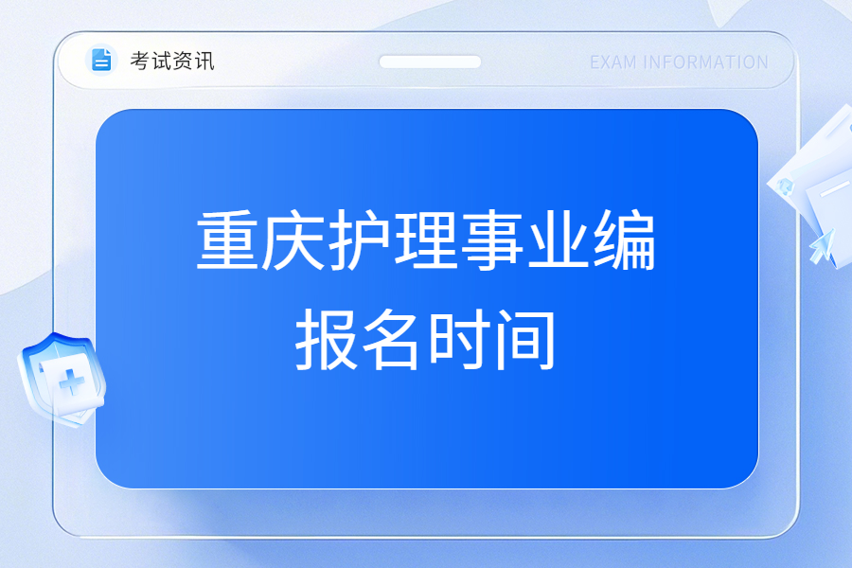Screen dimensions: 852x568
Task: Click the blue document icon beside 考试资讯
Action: (101, 60)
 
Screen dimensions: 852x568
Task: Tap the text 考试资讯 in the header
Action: (172, 61)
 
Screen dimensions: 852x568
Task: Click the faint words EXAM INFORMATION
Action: (679, 62)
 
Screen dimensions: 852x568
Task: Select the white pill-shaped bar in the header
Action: (430, 62)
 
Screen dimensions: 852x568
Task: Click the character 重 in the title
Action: (227, 240)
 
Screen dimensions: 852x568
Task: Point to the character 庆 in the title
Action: (293, 240)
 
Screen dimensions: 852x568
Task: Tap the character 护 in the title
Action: (360, 240)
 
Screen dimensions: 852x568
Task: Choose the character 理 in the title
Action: (426, 240)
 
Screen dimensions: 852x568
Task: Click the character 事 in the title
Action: (492, 240)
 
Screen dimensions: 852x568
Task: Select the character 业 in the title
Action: (559, 240)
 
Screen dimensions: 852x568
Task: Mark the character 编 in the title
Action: (625, 240)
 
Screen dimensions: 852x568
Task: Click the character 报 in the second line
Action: (327, 340)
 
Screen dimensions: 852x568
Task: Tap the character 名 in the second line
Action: (392, 340)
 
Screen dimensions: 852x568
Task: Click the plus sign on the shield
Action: (72, 382)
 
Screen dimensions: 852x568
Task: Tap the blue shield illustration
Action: (62, 380)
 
